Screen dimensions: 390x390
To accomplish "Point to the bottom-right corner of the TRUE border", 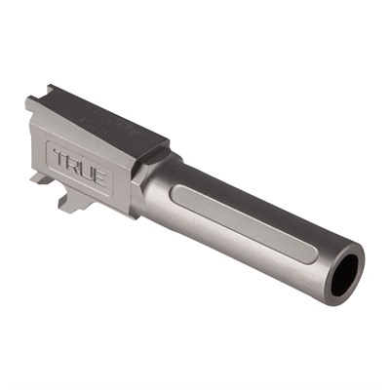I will coord(113,191).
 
